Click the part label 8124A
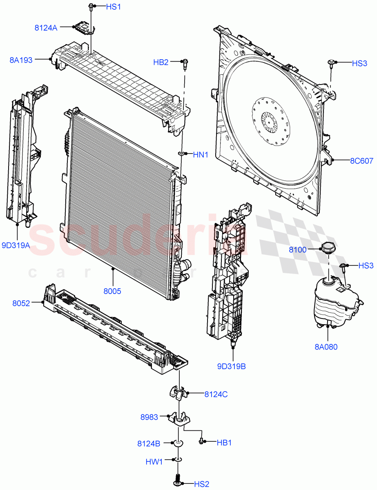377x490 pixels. pyautogui.click(x=46, y=28)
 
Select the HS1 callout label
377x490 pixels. pyautogui.click(x=113, y=7)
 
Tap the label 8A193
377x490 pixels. pyautogui.click(x=21, y=60)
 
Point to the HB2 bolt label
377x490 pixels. pyautogui.click(x=161, y=62)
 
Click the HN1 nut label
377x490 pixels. pyautogui.click(x=201, y=154)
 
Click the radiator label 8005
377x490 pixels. pyautogui.click(x=112, y=292)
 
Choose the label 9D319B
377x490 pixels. pyautogui.click(x=232, y=366)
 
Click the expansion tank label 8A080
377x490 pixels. pyautogui.click(x=326, y=347)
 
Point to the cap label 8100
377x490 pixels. pyautogui.click(x=297, y=249)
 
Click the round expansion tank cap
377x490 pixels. pyautogui.click(x=328, y=247)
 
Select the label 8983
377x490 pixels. pyautogui.click(x=149, y=417)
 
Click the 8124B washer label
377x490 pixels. pyautogui.click(x=149, y=443)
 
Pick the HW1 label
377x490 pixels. pyautogui.click(x=154, y=462)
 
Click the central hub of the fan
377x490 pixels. pyautogui.click(x=270, y=122)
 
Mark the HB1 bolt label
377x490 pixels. pyautogui.click(x=224, y=442)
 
